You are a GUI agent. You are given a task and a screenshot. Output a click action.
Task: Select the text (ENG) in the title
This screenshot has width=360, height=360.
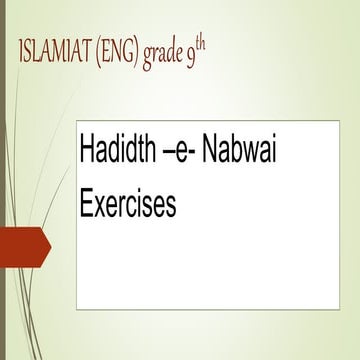[x=123, y=53]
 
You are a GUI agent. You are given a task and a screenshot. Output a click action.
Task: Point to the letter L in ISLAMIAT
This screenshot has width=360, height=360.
[x=37, y=53]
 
